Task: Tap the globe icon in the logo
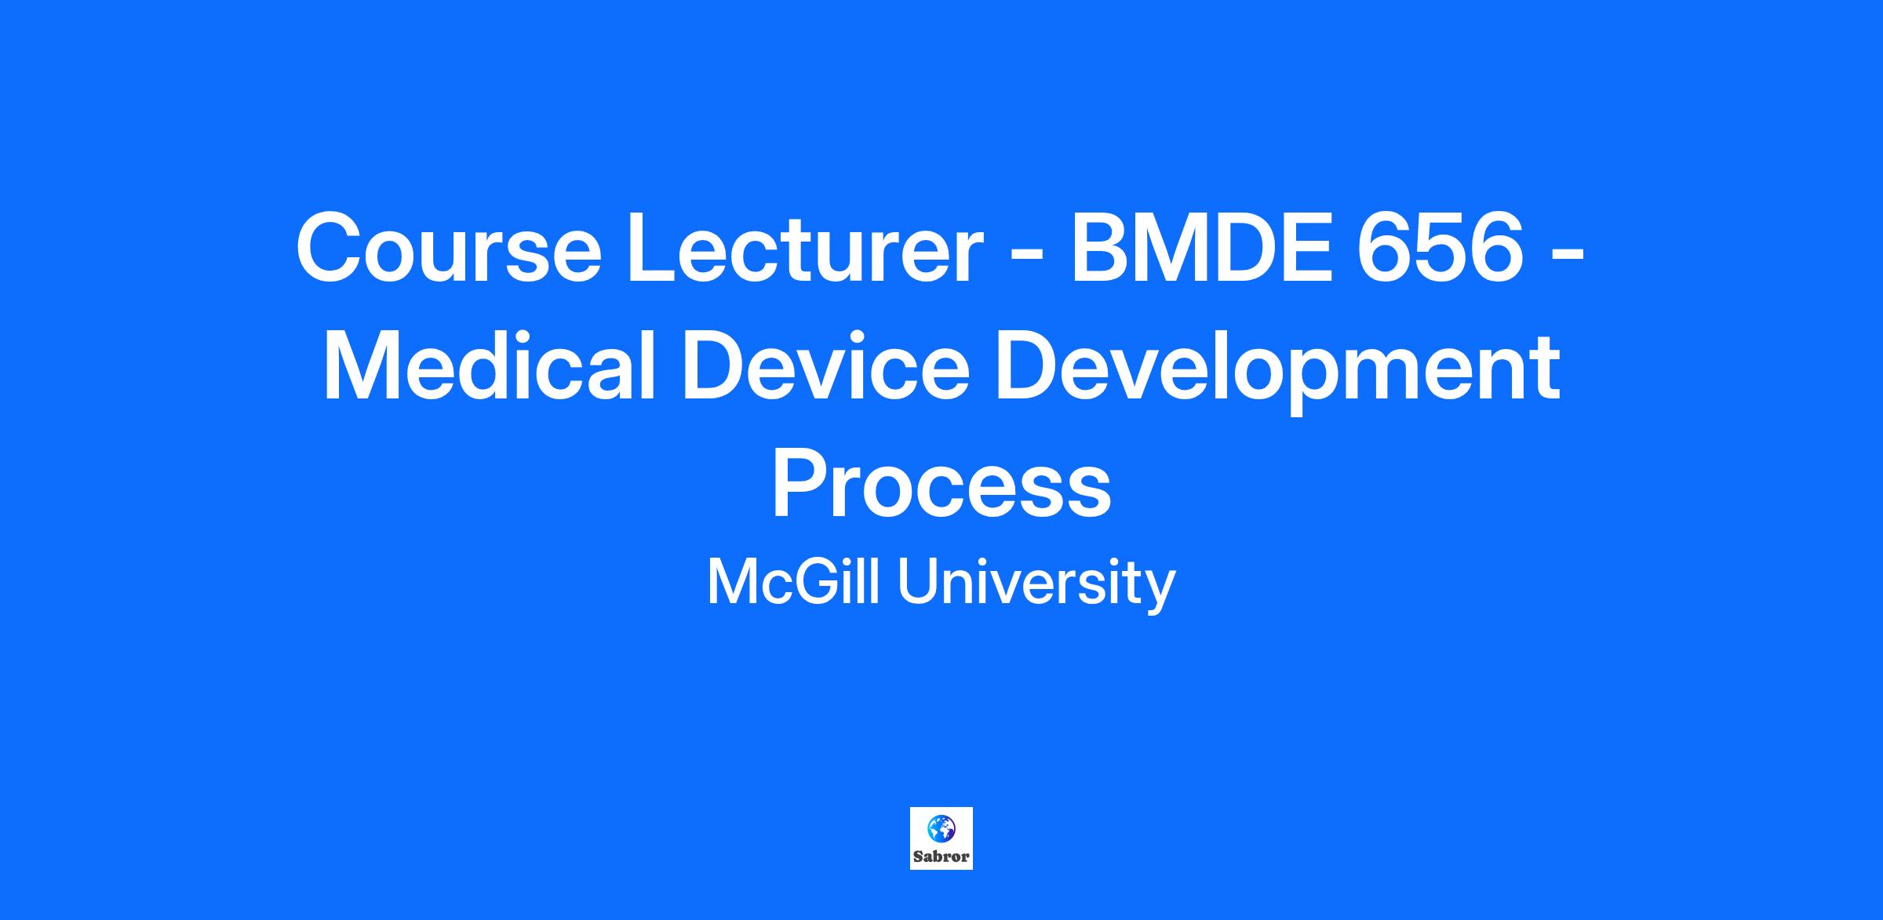[941, 828]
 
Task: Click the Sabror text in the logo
[941, 856]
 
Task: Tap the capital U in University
[917, 583]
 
